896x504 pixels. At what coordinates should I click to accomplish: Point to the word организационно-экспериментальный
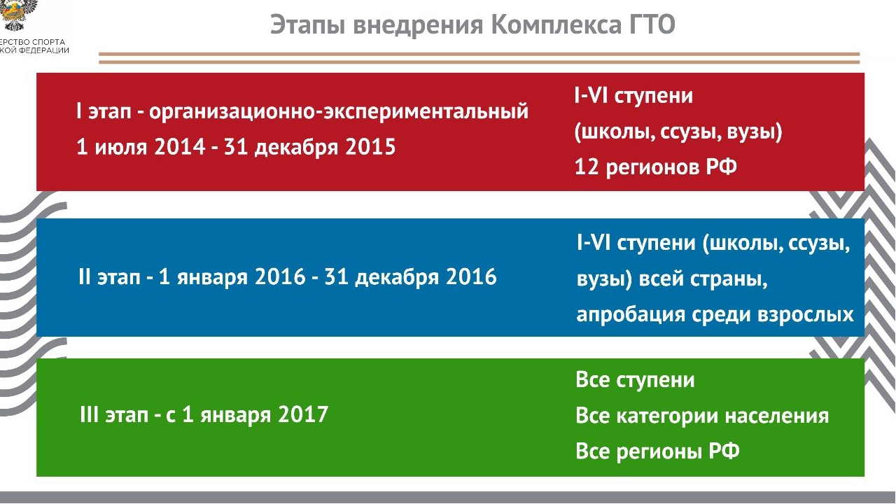coord(339,112)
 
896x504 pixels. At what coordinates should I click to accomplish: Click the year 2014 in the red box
coord(180,146)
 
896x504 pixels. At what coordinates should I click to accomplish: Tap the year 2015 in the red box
coord(370,146)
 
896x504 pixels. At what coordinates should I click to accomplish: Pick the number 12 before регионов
coord(587,167)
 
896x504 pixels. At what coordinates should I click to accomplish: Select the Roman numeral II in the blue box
coord(85,276)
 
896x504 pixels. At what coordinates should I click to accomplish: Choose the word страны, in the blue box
coord(729,279)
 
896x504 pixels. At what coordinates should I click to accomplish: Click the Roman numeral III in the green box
coord(89,414)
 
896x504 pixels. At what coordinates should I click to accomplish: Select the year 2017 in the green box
coord(303,414)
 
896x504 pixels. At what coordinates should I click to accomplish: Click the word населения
coord(777,416)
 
